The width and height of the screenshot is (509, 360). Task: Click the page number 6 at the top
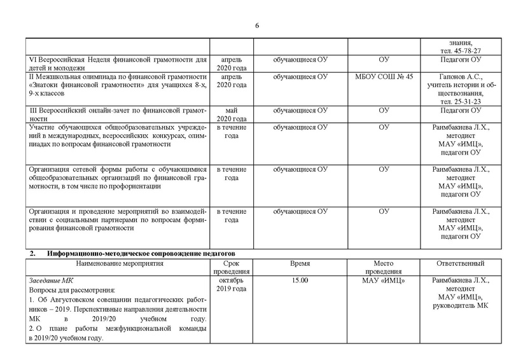(256, 25)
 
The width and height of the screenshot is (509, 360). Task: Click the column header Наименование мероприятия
(119, 263)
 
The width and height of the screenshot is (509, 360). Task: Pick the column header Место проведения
(383, 267)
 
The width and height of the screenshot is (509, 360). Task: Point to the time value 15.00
(300, 280)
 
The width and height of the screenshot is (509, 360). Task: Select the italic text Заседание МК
(51, 280)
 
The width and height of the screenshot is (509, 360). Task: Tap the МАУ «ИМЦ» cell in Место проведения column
(383, 280)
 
